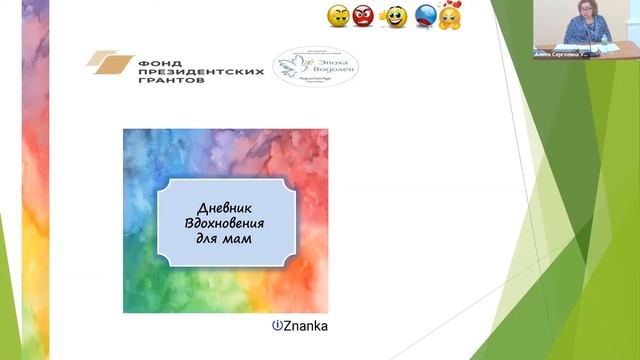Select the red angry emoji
pos(363,15)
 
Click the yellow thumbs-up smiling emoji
pos(395,16)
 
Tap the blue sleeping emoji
pos(424,16)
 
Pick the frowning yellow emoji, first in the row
pos(337,16)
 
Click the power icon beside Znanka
pos(277,326)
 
